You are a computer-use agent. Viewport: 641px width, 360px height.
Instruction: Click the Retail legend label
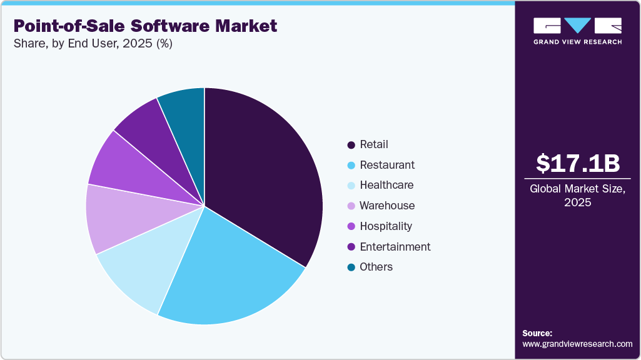point(373,144)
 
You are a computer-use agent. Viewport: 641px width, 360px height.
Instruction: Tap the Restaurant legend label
point(386,165)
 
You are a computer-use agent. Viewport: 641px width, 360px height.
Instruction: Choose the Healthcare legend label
point(386,185)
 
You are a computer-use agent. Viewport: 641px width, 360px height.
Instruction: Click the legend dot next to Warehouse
point(351,206)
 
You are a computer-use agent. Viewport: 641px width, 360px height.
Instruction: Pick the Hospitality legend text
point(386,226)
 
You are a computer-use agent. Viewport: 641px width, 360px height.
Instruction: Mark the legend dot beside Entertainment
point(351,246)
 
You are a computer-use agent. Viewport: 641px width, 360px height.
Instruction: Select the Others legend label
point(376,267)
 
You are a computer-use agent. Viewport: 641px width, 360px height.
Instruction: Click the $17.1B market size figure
point(578,163)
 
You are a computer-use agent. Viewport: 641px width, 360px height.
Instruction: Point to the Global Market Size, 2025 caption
point(578,196)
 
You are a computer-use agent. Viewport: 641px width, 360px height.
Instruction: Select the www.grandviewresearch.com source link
point(577,344)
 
